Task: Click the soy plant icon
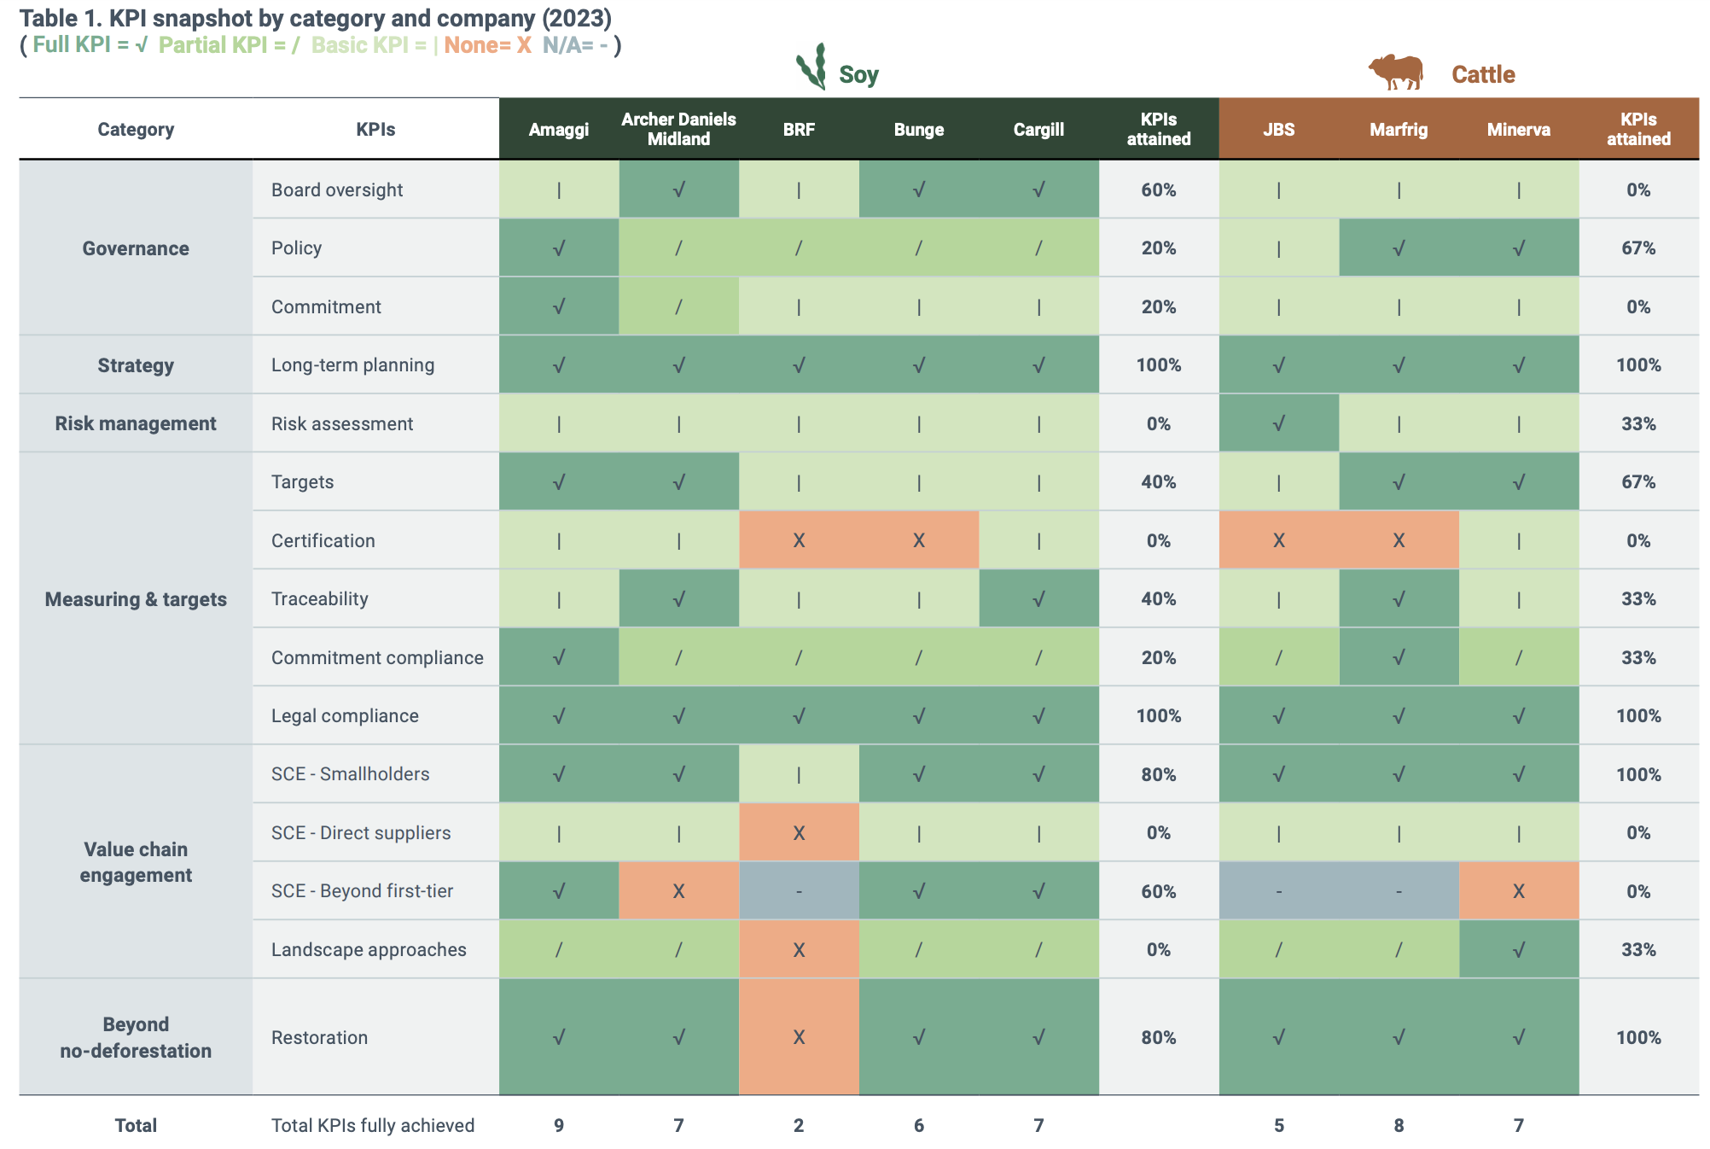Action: (811, 67)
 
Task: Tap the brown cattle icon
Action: (1396, 72)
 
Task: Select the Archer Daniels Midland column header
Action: (678, 129)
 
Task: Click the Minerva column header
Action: (1518, 130)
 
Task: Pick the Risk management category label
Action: (136, 423)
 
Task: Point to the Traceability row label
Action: (320, 598)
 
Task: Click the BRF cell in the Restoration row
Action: (799, 1037)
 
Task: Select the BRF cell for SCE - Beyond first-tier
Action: (799, 891)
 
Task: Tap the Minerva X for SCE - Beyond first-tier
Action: (1518, 891)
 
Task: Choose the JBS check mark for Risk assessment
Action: (1278, 423)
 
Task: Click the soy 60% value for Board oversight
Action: (1158, 190)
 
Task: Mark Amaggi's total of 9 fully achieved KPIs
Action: (559, 1125)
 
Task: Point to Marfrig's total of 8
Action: (1399, 1125)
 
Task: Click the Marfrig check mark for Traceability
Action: (1399, 598)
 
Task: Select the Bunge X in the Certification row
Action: (918, 540)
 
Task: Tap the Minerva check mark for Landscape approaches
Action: (1518, 949)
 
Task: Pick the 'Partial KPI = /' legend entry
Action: (229, 45)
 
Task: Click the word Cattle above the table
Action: (1483, 74)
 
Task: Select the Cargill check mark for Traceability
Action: (1038, 598)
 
